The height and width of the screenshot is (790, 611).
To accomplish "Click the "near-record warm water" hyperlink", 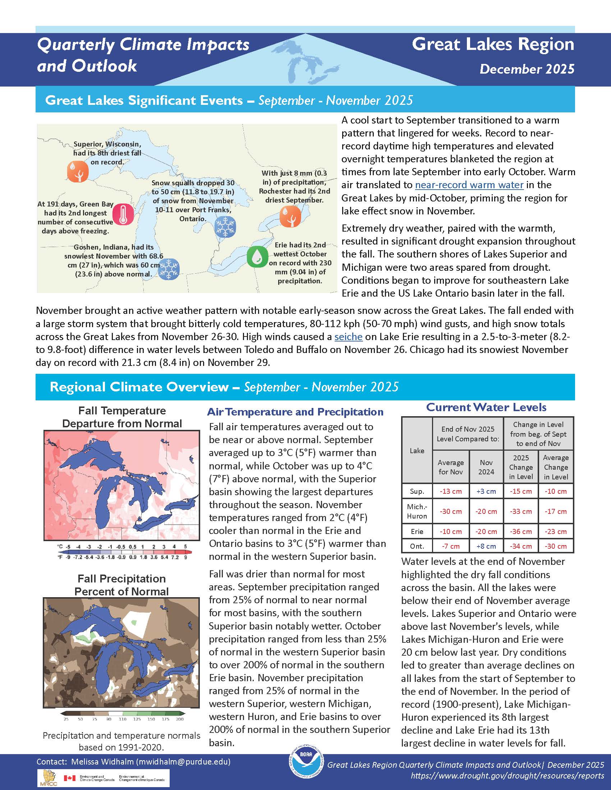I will (x=469, y=185).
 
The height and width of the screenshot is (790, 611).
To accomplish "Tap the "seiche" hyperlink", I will (x=348, y=337).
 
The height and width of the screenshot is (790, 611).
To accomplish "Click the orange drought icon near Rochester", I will (x=290, y=216).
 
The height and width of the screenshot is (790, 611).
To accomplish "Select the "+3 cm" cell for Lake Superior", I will (x=486, y=491).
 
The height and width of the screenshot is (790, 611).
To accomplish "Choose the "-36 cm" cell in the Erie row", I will (x=520, y=531).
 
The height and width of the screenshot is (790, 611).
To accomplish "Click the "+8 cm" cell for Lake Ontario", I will (x=486, y=546).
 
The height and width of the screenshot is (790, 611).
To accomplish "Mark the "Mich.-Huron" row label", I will (x=417, y=511).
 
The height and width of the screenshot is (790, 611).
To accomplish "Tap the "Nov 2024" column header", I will (x=486, y=467).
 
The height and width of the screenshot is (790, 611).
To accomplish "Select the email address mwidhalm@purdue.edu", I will (x=183, y=762).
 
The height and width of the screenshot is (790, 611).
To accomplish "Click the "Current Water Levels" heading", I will (x=486, y=407).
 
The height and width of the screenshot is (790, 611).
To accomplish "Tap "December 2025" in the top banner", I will (x=527, y=69).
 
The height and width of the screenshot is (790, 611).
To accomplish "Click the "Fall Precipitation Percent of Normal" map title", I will (x=121, y=585).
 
